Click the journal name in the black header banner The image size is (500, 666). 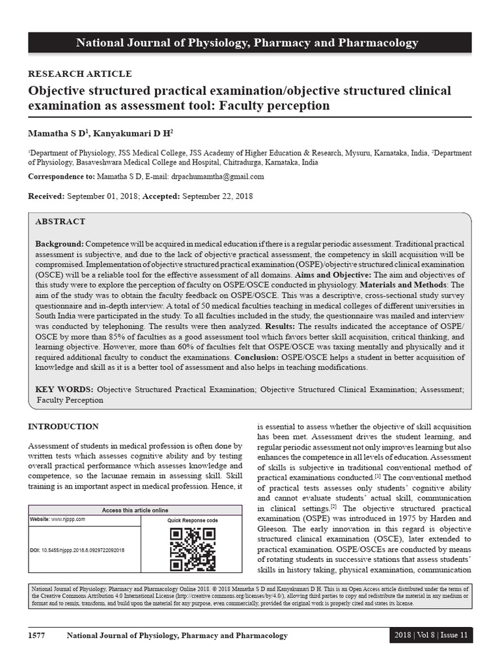[247, 43]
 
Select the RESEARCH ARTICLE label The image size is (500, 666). [79, 74]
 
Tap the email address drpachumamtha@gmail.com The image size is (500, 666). [217, 177]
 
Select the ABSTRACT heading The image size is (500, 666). [60, 222]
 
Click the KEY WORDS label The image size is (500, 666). [64, 389]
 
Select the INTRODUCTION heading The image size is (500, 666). [63, 427]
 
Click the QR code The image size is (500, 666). [192, 549]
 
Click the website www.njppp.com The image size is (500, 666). [68, 520]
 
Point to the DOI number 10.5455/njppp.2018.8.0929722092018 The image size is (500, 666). [88, 550]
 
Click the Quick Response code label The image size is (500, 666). [192, 521]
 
